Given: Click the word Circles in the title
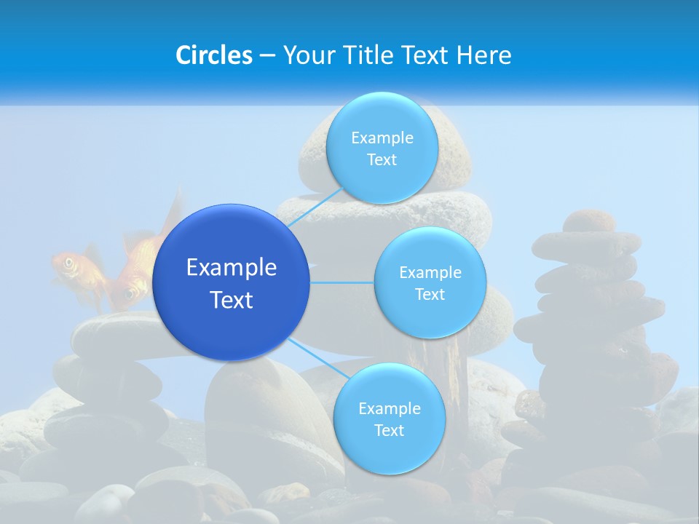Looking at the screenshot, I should (x=213, y=55).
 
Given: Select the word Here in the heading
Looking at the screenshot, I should (x=485, y=55).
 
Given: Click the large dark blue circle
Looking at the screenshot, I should (x=232, y=282).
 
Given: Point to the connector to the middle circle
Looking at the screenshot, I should (x=342, y=282).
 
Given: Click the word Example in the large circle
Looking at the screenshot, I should (x=232, y=268).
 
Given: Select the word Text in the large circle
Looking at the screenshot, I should (x=232, y=300).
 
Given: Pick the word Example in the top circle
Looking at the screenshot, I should (x=382, y=138).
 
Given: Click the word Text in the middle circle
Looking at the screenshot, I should (x=430, y=295).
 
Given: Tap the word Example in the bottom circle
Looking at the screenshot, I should (x=390, y=408).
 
